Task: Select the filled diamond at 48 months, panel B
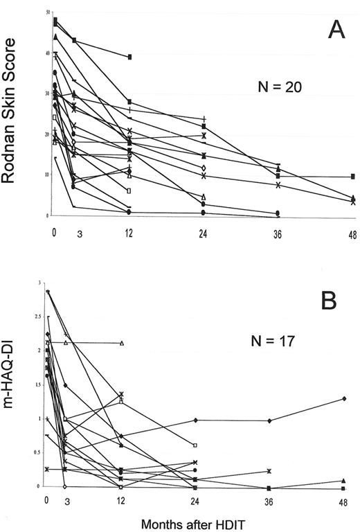[344, 399]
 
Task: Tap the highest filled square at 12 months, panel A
[129, 57]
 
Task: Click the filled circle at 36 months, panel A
[278, 213]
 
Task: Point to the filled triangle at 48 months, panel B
[344, 481]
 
